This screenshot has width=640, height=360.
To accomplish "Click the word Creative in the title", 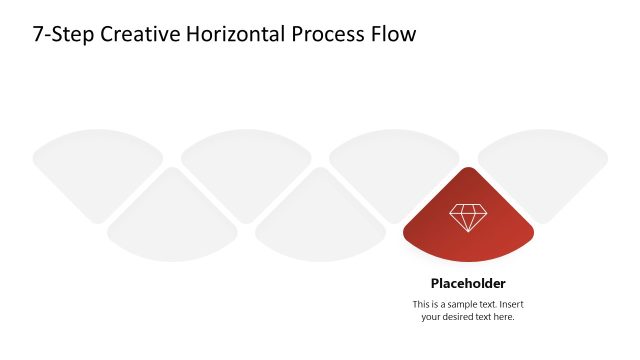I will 126,34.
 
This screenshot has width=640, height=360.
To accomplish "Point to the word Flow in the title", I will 392,34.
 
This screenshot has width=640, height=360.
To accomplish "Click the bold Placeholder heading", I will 468,283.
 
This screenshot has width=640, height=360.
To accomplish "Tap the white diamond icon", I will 468,217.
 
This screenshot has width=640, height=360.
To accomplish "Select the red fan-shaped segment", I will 468,225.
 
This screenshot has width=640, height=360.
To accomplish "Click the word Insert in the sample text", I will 510,304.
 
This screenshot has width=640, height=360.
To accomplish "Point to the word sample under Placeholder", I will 461,304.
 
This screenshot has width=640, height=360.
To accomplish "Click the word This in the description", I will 422,304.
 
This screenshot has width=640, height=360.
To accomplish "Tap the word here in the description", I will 503,317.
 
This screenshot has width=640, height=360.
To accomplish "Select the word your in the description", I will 432,317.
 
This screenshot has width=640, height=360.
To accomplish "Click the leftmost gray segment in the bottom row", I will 172,225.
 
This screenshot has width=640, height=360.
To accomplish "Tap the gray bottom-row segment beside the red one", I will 320,225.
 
